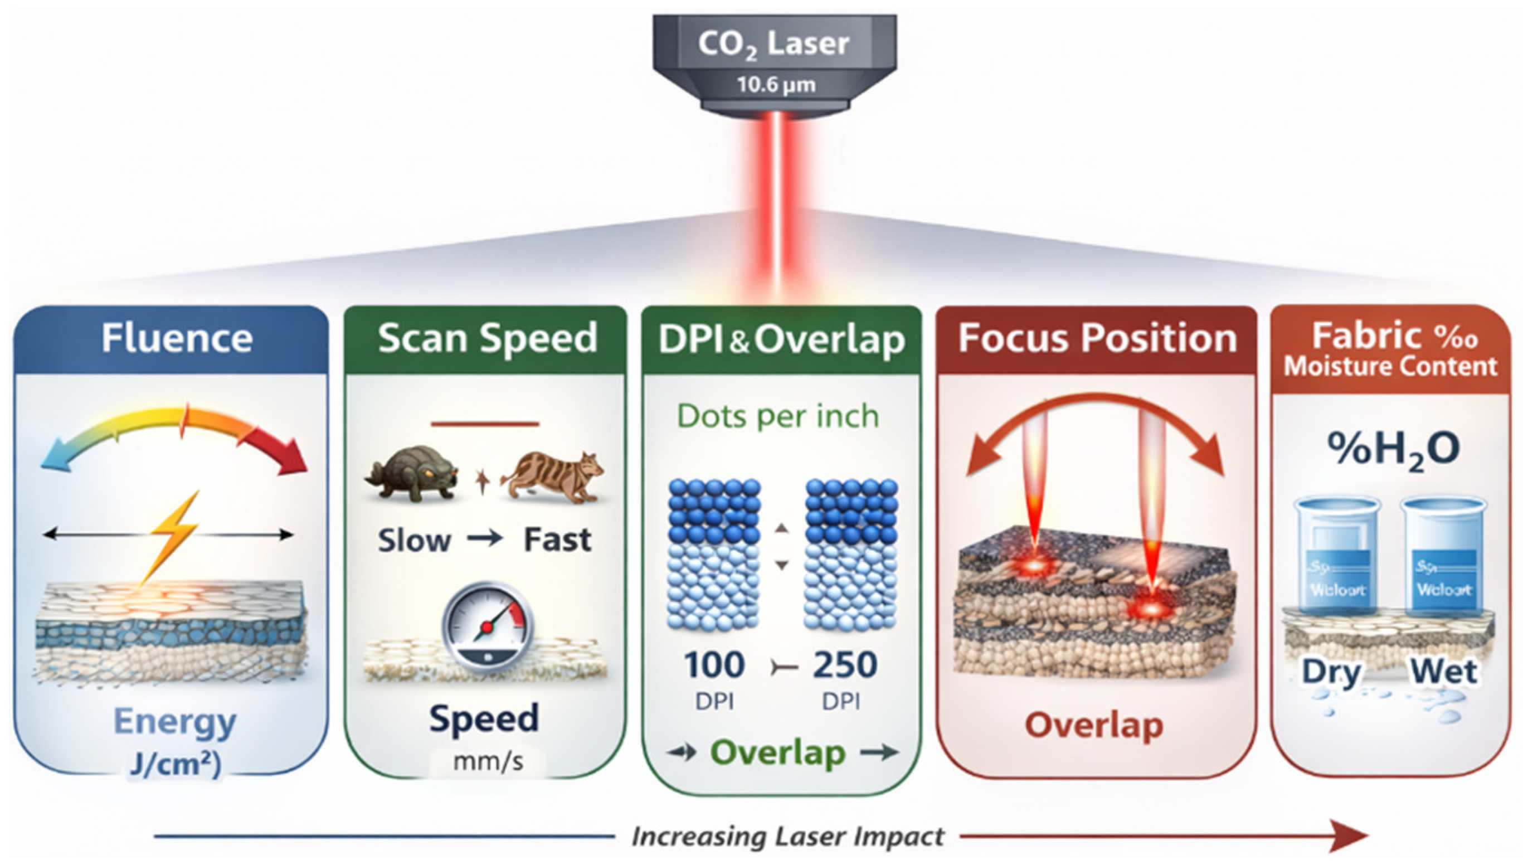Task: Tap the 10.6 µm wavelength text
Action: [776, 85]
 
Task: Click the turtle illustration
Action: [412, 474]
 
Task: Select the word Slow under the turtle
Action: [414, 541]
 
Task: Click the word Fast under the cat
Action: [557, 540]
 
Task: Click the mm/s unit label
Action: [488, 762]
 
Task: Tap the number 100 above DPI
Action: [713, 664]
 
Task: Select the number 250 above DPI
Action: [845, 664]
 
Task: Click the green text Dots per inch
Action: [777, 416]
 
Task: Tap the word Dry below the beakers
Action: [1331, 672]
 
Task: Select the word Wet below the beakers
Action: [1443, 672]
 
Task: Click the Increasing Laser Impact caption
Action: [787, 837]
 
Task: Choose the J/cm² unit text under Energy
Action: [174, 765]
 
